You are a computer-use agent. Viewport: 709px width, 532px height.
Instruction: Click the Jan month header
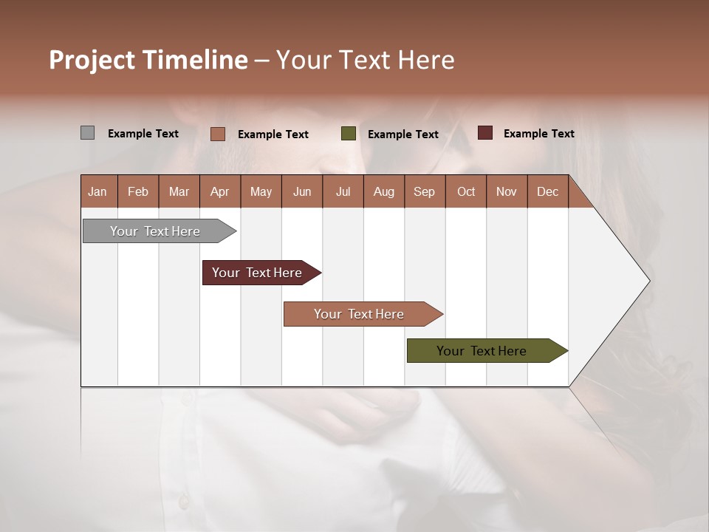tap(98, 191)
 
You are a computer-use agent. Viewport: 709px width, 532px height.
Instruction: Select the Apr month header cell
tap(220, 191)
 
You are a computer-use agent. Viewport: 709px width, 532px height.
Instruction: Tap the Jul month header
tap(343, 191)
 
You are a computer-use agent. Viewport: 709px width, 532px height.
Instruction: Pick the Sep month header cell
tap(425, 191)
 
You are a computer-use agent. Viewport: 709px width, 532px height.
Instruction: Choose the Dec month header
tap(548, 191)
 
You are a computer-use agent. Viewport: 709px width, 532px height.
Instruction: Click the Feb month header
tap(138, 191)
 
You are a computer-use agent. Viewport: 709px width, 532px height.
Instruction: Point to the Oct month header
tap(466, 191)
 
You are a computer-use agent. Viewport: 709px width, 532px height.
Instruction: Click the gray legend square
tap(87, 133)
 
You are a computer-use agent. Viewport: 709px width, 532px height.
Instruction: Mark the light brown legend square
tap(217, 134)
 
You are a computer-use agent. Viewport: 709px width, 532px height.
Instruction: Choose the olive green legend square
tap(349, 134)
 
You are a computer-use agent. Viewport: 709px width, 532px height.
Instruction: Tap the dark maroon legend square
tap(484, 133)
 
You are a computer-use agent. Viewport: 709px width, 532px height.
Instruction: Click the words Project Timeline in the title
tap(148, 60)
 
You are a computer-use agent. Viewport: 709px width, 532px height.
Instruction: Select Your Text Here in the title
tap(365, 60)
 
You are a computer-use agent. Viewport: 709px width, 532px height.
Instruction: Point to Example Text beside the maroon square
tap(538, 134)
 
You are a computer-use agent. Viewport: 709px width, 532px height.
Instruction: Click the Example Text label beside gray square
tap(143, 134)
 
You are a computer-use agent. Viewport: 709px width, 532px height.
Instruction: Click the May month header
tap(261, 191)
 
